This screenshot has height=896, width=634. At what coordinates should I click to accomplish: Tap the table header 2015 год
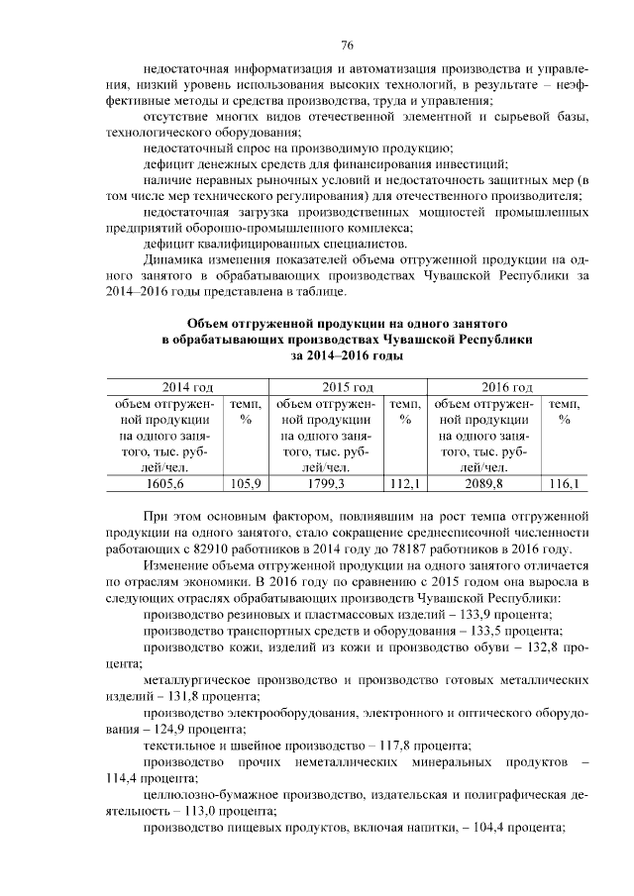tap(321, 386)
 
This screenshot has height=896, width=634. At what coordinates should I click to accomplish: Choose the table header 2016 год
tap(479, 386)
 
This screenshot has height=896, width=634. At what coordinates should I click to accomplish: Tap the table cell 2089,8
tap(484, 483)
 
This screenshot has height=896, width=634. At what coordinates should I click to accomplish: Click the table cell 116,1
tap(564, 483)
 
